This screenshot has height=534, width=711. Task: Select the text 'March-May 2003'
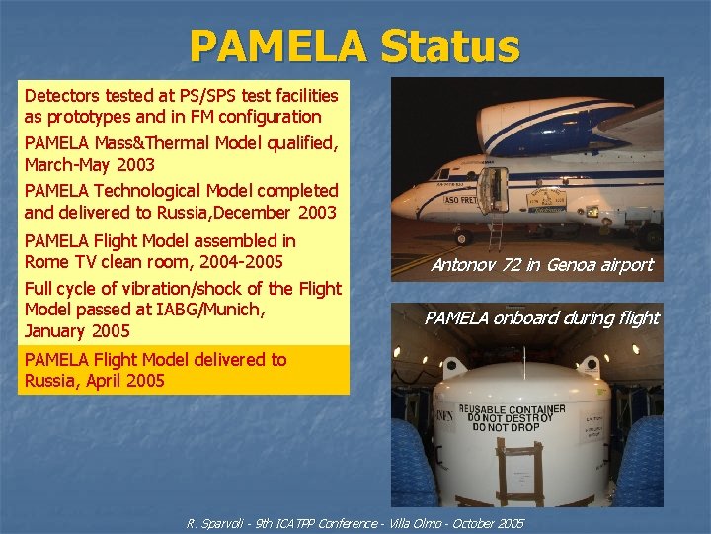pyautogui.click(x=89, y=164)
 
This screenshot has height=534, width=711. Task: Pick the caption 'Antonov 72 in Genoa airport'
pyautogui.click(x=541, y=265)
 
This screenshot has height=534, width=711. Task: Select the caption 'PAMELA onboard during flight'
pyautogui.click(x=541, y=317)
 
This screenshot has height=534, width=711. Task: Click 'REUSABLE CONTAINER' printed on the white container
pyautogui.click(x=519, y=409)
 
